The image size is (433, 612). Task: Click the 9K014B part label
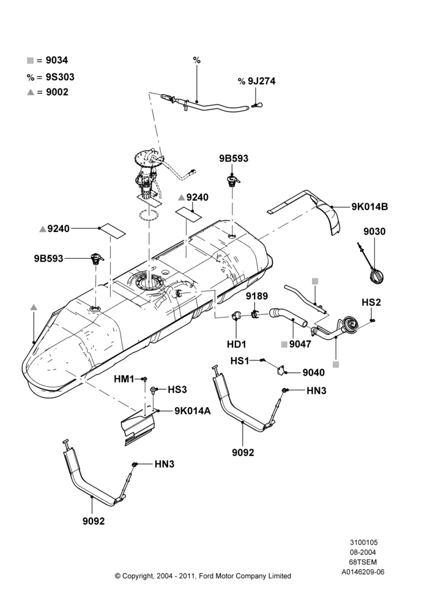(369, 207)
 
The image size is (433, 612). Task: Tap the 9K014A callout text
(192, 411)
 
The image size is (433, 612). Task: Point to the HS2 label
(371, 302)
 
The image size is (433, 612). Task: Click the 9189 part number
(257, 296)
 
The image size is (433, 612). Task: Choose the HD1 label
(237, 344)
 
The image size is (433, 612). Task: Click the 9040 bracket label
(314, 373)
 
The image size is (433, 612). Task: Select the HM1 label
(124, 379)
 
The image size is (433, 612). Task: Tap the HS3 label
(177, 389)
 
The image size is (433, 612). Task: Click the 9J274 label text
(262, 81)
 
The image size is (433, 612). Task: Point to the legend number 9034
(56, 60)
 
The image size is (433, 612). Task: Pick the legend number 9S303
(60, 77)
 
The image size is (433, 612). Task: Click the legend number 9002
(57, 92)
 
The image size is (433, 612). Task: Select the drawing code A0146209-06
(363, 572)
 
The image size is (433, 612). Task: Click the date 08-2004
(363, 552)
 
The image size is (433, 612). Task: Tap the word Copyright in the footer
(138, 576)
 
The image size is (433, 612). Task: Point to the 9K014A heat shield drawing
(138, 427)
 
